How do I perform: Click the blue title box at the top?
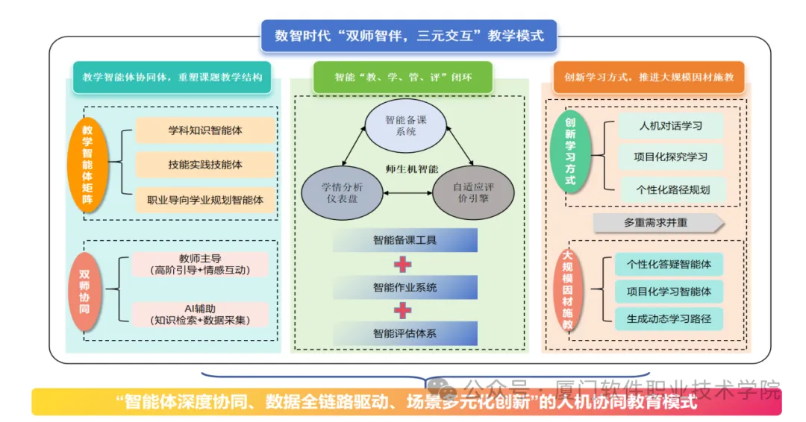coord(409,36)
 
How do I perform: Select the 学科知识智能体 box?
coord(205,130)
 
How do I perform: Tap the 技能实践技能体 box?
coord(205,165)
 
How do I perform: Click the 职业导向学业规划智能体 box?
coord(205,201)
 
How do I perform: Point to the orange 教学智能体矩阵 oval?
coord(88,164)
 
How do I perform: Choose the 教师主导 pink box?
coord(200,265)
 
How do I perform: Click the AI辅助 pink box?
coord(200,314)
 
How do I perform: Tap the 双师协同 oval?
coord(84,292)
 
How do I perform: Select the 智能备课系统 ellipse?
coord(405,126)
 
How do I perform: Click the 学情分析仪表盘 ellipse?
coord(343,193)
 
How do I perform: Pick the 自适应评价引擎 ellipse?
coord(473,193)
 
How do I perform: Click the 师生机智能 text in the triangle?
coord(412,169)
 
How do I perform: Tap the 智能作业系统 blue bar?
coord(405,288)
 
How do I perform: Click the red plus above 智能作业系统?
coord(402,265)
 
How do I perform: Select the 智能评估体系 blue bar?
coord(405,334)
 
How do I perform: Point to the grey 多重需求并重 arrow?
coord(658,223)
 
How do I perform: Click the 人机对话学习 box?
coord(671,126)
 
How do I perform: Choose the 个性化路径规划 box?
coord(673,189)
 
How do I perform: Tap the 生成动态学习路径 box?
coord(669,319)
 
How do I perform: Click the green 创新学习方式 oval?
coord(570,151)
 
